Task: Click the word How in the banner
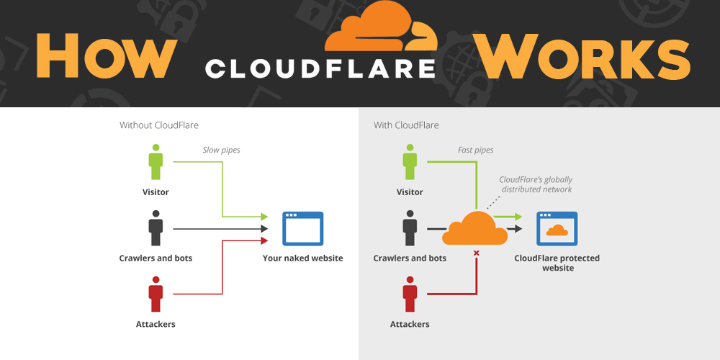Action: click(x=107, y=56)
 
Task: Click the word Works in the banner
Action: click(x=583, y=56)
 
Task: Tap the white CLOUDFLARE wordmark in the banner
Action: click(x=320, y=68)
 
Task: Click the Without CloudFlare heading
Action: click(x=159, y=125)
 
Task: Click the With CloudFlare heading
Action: click(x=406, y=125)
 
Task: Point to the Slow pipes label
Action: click(x=221, y=150)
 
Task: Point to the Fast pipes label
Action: click(x=476, y=150)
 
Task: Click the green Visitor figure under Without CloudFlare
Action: click(x=156, y=162)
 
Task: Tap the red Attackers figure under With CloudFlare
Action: click(x=410, y=294)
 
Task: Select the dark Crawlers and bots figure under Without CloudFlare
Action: click(x=156, y=228)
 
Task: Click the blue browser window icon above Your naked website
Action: click(x=302, y=228)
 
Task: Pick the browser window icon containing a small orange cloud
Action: click(x=557, y=228)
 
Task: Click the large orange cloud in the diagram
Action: click(x=474, y=228)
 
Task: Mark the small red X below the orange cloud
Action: click(x=477, y=253)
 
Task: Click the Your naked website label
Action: click(x=302, y=258)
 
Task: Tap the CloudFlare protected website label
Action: click(x=557, y=263)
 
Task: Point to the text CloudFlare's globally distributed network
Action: click(x=536, y=184)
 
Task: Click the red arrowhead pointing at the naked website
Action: click(x=264, y=240)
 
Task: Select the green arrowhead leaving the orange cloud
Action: click(x=518, y=216)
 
